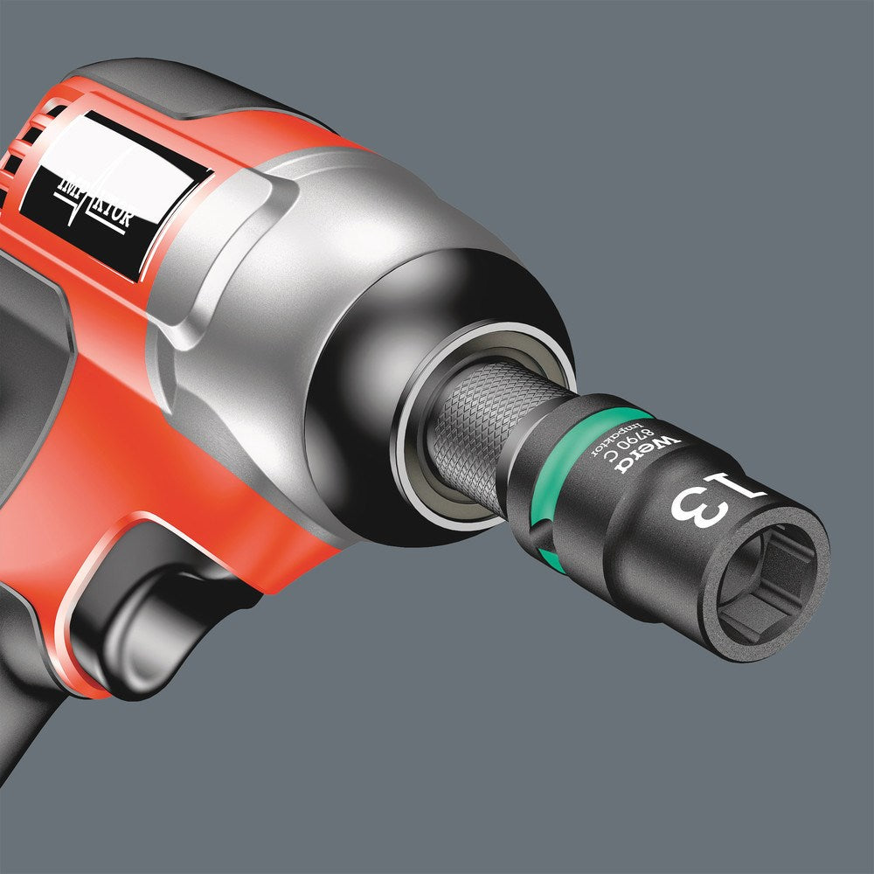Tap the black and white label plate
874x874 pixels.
click(114, 188)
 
